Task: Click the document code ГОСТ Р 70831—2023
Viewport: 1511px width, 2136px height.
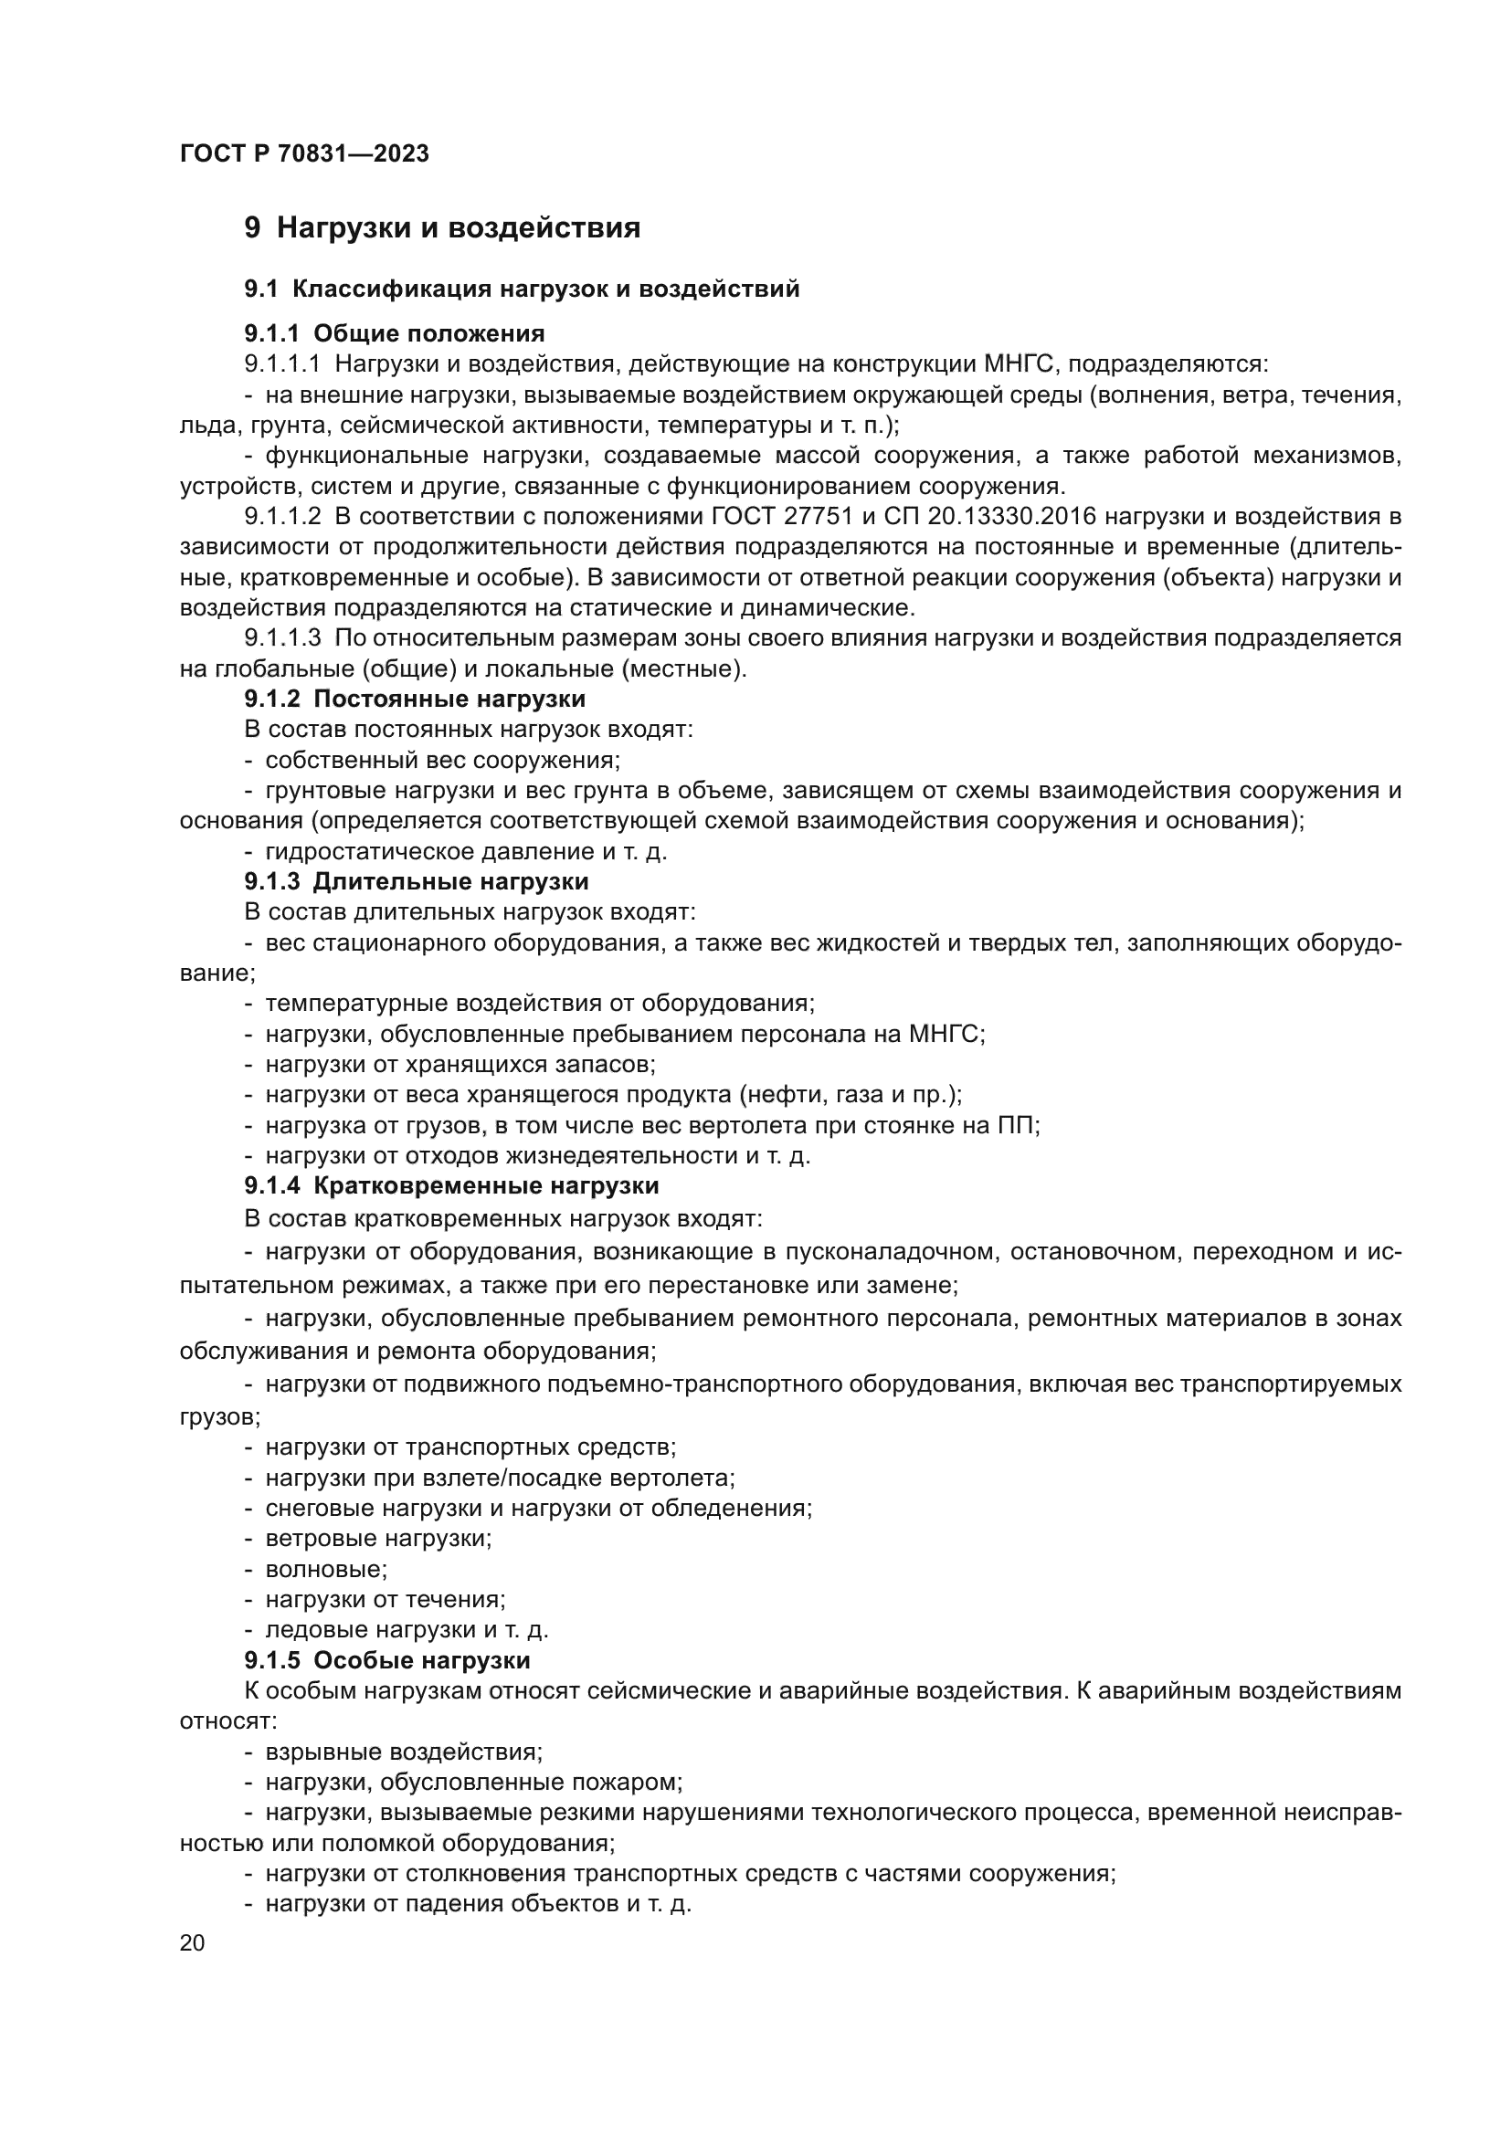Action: click(304, 154)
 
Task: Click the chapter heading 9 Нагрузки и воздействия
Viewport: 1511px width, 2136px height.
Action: click(442, 228)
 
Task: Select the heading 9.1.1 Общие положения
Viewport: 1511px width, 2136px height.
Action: click(395, 333)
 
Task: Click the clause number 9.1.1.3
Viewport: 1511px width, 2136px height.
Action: click(283, 638)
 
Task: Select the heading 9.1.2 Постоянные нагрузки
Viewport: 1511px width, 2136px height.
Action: click(415, 699)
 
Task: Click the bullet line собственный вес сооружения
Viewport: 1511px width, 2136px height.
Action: click(442, 760)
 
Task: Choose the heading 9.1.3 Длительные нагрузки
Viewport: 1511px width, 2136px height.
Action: click(417, 881)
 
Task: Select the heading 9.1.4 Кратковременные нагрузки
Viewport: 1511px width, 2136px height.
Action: click(451, 1186)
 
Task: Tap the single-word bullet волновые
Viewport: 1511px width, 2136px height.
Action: click(325, 1570)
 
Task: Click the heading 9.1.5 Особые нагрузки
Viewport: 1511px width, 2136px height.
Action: click(387, 1660)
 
